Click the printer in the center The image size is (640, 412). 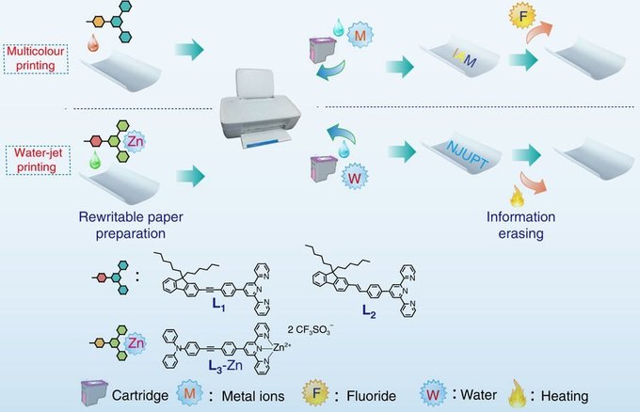[261, 108]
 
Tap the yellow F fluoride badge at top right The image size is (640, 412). [522, 15]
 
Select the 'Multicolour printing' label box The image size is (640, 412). [36, 58]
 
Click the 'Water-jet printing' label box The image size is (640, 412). [38, 160]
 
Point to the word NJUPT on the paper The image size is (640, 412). [467, 154]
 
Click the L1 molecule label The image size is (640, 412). [218, 305]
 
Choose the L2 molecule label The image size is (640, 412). [369, 311]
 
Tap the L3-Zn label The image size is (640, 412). [225, 365]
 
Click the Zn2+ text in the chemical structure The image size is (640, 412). [281, 347]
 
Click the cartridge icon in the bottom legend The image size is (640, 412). [94, 393]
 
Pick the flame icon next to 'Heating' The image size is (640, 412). [517, 393]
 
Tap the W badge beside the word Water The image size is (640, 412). [433, 394]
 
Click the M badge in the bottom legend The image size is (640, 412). [189, 393]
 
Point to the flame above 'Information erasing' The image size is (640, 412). [517, 196]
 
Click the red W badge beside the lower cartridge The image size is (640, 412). [354, 177]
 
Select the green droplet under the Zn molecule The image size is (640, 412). [95, 160]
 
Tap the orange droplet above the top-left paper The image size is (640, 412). [93, 43]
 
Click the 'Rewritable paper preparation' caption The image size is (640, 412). [131, 225]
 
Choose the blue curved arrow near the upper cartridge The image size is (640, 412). [331, 71]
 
